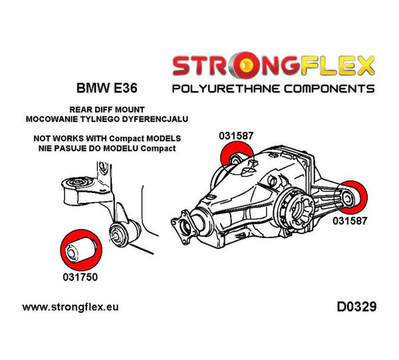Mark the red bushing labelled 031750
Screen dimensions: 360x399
[76, 249]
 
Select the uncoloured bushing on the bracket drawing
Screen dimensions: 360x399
[123, 233]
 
